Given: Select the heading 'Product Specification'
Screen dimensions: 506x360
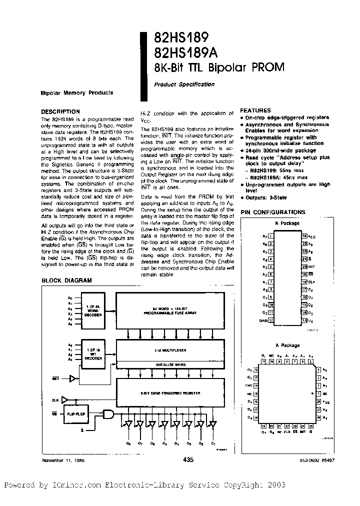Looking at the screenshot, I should click(x=184, y=84).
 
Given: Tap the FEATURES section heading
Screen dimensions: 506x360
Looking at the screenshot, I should click(x=255, y=110).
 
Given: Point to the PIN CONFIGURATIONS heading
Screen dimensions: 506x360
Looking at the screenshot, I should click(x=272, y=212).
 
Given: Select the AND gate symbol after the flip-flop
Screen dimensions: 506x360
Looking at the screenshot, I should click(x=108, y=414).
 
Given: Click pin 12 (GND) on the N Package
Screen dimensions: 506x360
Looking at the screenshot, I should click(x=270, y=319).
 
